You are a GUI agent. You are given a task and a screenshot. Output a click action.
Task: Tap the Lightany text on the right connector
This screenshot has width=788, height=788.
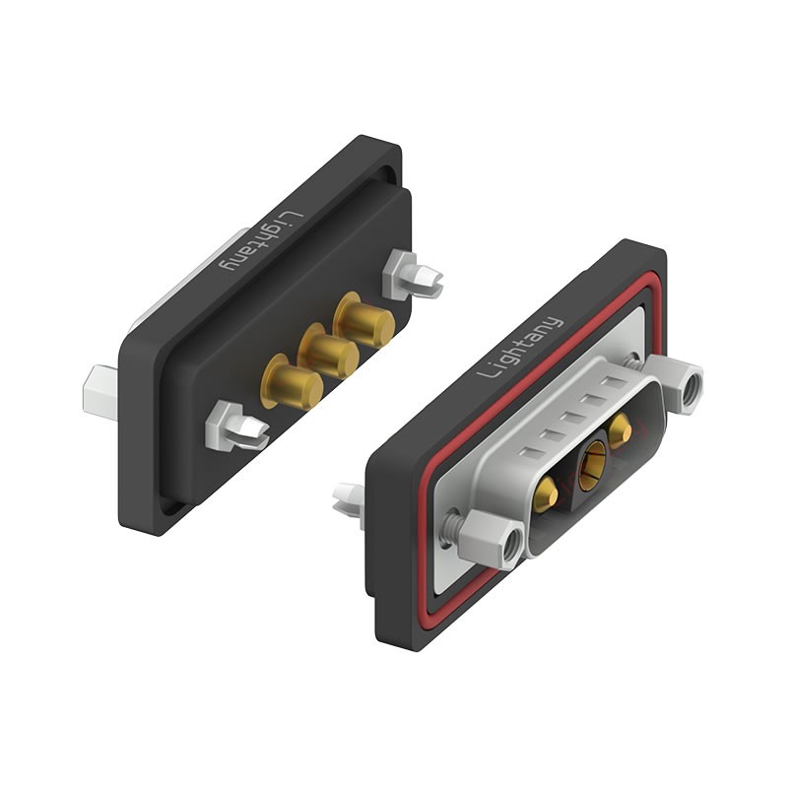click(520, 348)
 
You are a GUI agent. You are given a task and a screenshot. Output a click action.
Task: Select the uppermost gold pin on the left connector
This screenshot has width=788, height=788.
click(363, 320)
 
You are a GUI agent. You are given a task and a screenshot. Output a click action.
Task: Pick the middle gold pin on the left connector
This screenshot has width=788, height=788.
click(328, 351)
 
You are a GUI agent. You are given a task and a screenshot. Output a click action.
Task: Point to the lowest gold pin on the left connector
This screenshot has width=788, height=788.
click(292, 382)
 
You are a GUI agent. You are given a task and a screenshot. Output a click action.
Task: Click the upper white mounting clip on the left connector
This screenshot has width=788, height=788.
click(411, 275)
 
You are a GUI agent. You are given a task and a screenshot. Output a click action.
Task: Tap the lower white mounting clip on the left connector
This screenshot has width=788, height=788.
click(235, 427)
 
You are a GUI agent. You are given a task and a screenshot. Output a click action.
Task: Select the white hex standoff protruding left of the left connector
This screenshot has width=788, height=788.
click(100, 392)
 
